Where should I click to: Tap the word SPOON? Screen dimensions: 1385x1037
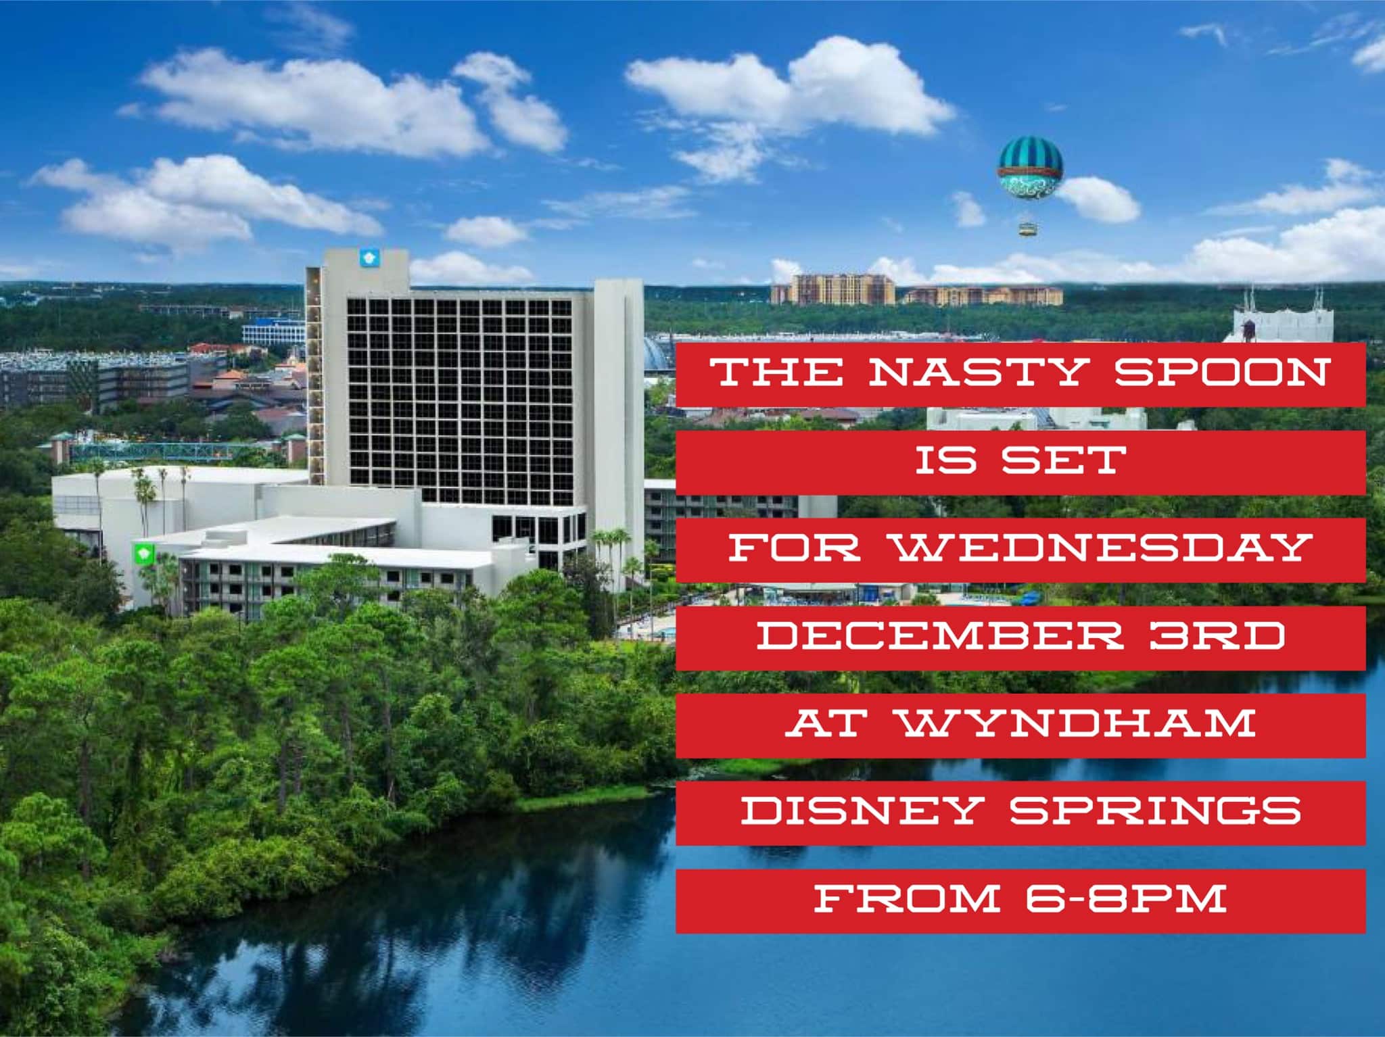1221,372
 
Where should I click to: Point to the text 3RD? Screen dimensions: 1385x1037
1217,635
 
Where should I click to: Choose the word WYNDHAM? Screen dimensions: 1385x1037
1077,723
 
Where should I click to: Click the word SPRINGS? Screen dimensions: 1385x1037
1156,811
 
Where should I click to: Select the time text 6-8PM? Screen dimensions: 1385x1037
1125,898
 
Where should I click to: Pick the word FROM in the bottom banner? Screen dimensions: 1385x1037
908,898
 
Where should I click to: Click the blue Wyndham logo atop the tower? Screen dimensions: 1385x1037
369,257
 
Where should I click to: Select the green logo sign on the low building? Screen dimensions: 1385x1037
143,554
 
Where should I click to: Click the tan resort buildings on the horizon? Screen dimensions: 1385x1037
916,290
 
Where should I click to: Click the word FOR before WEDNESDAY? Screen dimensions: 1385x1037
795,548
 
